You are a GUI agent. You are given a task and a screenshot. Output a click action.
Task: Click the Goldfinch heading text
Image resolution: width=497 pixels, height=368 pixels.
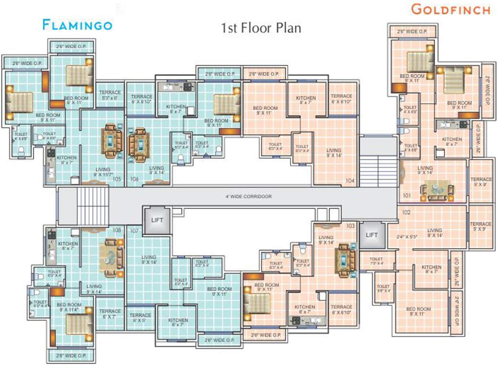451,9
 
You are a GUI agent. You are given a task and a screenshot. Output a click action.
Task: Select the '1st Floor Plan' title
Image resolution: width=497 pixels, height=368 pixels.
261,28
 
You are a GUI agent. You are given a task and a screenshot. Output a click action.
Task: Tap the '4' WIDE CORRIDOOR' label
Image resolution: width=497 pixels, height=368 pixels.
248,196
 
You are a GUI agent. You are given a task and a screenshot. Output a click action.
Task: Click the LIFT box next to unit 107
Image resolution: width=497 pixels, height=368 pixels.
157,220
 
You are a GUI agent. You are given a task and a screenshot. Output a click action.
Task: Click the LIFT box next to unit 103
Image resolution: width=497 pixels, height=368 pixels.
372,235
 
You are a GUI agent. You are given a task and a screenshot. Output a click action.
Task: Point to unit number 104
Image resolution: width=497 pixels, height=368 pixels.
350,181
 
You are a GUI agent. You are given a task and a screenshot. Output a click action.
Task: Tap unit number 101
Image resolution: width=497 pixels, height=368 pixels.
407,195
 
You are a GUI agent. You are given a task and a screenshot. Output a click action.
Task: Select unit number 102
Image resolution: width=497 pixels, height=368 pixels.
407,212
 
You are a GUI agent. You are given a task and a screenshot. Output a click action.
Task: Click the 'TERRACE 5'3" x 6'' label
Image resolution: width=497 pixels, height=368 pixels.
110,95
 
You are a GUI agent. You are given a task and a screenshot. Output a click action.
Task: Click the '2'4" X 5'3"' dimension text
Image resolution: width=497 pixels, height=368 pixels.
407,236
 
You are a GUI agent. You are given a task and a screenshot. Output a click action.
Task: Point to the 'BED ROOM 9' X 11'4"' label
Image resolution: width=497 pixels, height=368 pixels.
69,307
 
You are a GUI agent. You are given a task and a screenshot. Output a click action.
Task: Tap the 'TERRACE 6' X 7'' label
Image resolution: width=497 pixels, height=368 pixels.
110,314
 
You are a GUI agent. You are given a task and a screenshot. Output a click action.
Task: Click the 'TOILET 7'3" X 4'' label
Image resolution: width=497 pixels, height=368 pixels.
376,261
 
